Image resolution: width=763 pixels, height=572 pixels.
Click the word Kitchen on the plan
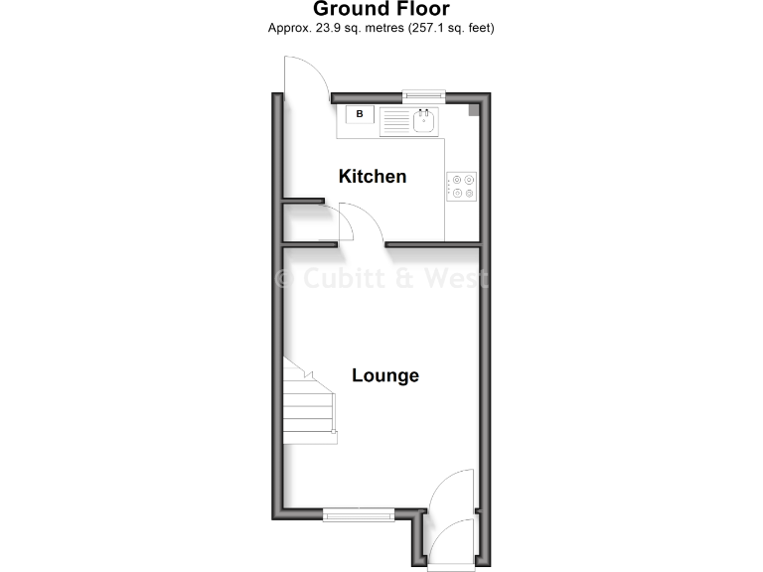click(x=373, y=177)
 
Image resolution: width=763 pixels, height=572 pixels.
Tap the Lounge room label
click(x=385, y=375)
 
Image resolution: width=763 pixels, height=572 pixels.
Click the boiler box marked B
click(x=360, y=115)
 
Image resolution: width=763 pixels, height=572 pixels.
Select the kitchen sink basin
click(x=423, y=120)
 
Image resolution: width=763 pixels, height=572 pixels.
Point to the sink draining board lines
click(x=395, y=121)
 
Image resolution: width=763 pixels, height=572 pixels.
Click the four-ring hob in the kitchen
click(x=462, y=187)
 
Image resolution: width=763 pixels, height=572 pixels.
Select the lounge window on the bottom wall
click(x=359, y=514)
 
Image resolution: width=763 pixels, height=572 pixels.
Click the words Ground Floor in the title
click(x=381, y=10)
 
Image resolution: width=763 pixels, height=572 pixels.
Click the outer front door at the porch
click(x=450, y=545)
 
